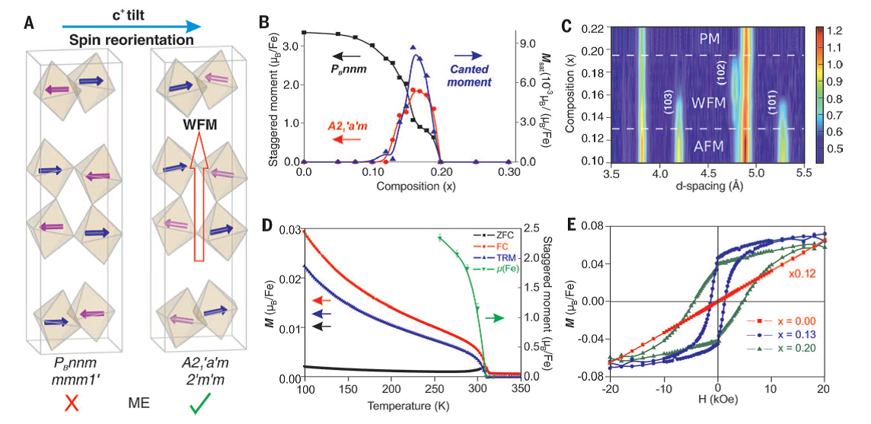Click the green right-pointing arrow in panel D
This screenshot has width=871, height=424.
[x=495, y=317]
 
